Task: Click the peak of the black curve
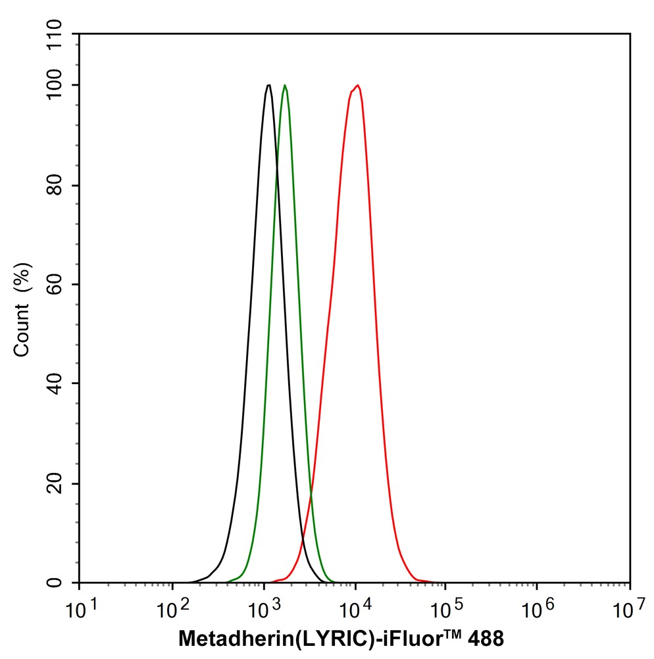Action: [x=268, y=85]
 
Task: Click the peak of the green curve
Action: [x=284, y=85]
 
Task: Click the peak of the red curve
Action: [x=357, y=85]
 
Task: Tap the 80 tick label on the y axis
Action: [x=61, y=185]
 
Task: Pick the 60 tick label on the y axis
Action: [x=61, y=285]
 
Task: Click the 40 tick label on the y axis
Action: [x=61, y=384]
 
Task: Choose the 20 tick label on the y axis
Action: [x=61, y=484]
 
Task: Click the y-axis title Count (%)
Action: [x=22, y=309]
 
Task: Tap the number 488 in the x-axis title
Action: [x=488, y=637]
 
